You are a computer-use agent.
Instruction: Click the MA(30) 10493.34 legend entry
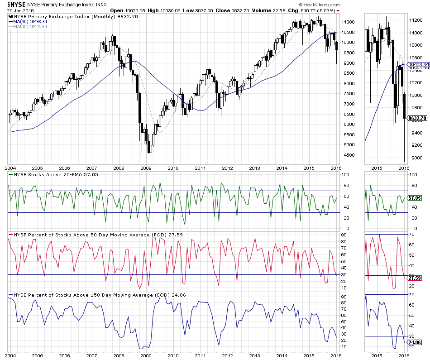(x=30, y=21)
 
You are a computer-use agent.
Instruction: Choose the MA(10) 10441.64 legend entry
(x=30, y=26)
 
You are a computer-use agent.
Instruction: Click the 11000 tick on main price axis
(x=348, y=22)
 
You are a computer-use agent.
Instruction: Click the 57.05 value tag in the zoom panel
(x=415, y=198)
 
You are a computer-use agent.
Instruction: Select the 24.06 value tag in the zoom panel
(x=415, y=342)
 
